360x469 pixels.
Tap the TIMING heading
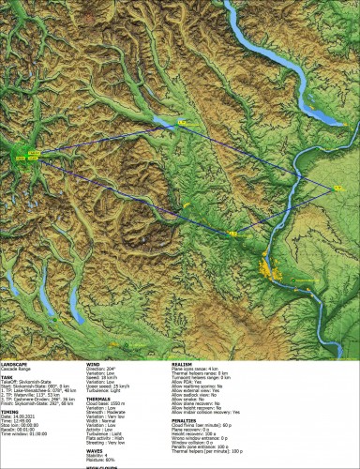9,410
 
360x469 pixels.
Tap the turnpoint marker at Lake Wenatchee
182,121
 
